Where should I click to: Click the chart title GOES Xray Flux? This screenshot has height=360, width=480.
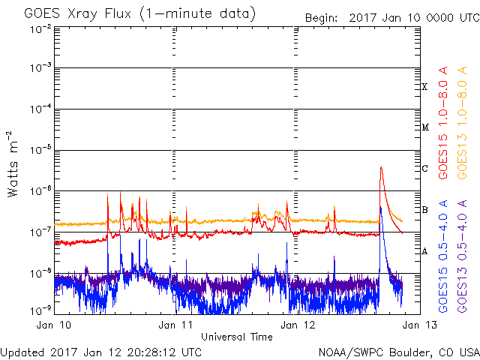pos(77,14)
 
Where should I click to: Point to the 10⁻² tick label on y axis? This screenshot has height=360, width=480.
pos(41,29)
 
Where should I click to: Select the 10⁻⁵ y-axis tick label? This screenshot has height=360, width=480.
pos(41,150)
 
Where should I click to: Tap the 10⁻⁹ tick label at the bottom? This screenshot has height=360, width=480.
pos(41,311)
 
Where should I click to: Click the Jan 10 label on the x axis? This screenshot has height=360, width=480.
pos(53,325)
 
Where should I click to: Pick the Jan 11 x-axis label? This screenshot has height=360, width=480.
pos(175,325)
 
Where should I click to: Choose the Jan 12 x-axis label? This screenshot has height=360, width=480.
pos(298,325)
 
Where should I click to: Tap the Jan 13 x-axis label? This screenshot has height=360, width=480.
pos(420,325)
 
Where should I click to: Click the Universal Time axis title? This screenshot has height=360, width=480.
pos(237,337)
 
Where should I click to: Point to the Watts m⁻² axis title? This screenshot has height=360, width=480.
pos(13,164)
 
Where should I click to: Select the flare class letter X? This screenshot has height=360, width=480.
pos(424,87)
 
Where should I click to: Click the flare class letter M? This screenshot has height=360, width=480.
pos(425,127)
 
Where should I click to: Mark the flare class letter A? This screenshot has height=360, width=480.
pos(424,251)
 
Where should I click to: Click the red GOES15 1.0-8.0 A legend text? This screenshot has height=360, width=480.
pos(443,122)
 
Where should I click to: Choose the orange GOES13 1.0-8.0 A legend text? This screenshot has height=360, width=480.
pos(462,122)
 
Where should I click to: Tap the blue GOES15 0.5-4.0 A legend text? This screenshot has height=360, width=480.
pos(443,256)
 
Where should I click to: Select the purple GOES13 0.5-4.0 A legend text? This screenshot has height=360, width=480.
pos(462,256)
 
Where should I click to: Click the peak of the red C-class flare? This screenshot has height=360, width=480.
pos(381,167)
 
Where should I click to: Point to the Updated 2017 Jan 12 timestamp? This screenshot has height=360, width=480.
pos(101,352)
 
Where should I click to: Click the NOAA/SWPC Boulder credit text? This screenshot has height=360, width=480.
pos(399,352)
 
